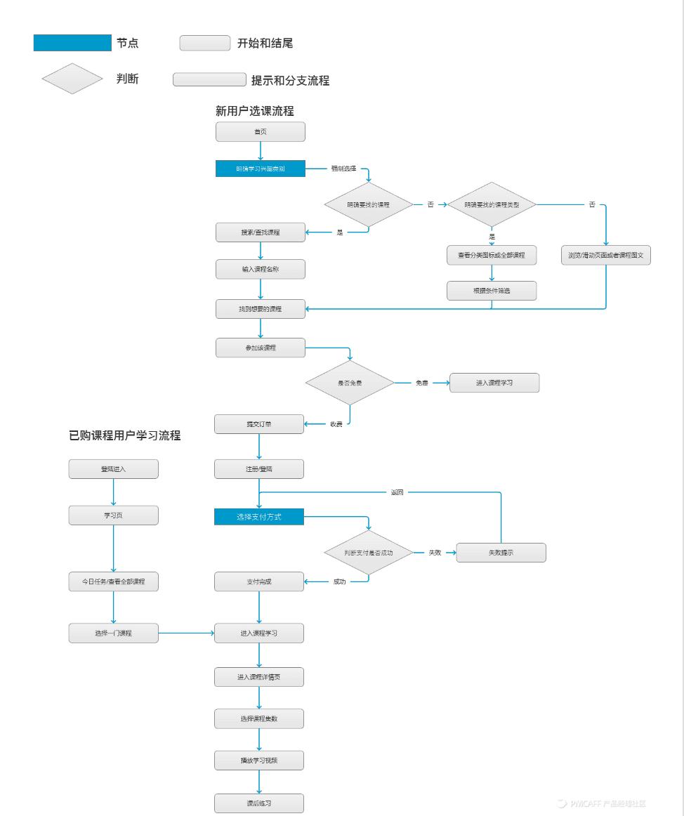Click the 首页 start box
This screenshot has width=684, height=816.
260,131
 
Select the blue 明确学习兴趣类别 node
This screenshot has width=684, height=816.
260,169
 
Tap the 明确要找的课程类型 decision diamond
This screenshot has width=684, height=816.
492,204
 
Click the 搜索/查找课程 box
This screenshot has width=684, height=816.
260,232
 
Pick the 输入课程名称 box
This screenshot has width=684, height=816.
260,270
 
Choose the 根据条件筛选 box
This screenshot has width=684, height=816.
492,291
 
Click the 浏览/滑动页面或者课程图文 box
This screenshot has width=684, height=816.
605,256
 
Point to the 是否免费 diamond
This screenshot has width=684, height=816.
350,383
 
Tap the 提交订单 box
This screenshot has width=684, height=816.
259,424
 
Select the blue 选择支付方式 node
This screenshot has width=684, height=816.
259,518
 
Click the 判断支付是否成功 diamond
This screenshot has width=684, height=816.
368,553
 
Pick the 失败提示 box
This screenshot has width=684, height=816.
501,553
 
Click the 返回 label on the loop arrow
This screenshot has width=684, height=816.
397,492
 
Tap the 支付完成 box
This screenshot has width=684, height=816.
259,581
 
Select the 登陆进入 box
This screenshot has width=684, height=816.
113,469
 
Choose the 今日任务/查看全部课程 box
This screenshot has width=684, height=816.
113,581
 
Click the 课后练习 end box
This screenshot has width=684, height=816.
259,803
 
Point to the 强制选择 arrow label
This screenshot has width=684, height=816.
343,169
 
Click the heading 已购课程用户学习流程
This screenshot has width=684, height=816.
124,435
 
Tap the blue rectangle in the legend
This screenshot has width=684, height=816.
72,43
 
